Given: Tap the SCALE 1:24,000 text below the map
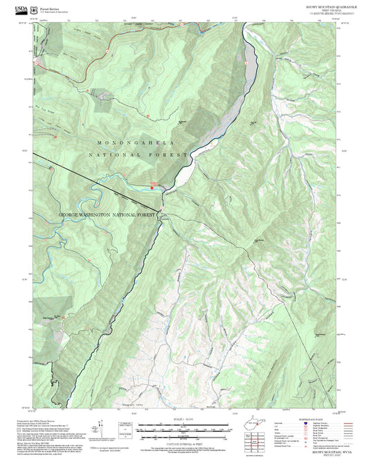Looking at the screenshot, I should click(184, 417).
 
